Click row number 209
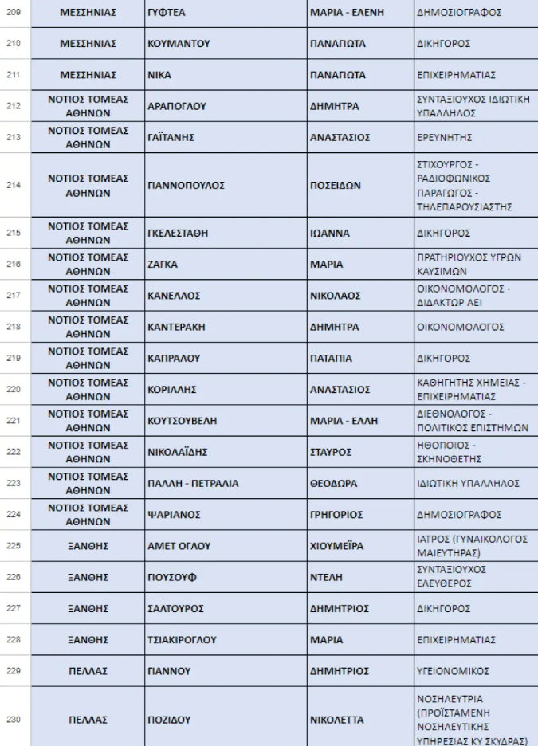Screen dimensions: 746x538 click(x=14, y=13)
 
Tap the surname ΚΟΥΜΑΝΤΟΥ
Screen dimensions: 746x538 click(x=179, y=44)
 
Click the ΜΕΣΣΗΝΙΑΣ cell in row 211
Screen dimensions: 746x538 click(x=88, y=75)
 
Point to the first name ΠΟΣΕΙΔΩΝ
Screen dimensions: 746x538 click(x=336, y=185)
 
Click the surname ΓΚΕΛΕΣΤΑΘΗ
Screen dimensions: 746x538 click(x=179, y=234)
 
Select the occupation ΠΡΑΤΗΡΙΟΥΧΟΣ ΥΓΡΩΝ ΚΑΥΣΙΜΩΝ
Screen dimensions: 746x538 click(x=469, y=265)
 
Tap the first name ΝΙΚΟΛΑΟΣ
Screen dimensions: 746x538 click(x=336, y=296)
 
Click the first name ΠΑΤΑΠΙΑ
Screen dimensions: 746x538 click(x=331, y=359)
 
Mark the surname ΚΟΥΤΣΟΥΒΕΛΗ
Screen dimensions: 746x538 click(x=183, y=421)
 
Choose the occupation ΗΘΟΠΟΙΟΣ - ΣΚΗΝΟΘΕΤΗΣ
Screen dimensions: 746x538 click(x=447, y=452)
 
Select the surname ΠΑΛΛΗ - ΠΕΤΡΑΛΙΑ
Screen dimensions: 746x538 click(x=194, y=484)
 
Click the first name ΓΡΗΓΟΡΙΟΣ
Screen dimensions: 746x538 click(x=336, y=515)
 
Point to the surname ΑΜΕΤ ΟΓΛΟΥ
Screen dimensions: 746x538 click(x=179, y=546)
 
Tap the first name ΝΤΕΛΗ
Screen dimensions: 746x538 click(x=326, y=577)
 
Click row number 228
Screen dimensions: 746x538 click(x=14, y=640)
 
